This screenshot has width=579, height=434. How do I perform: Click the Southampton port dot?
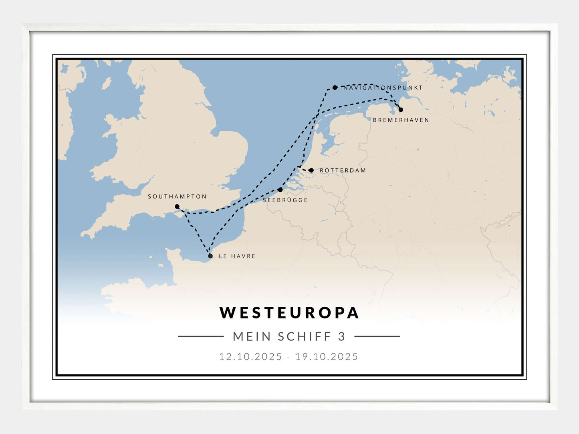pos(177,207)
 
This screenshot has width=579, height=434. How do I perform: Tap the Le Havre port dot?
pos(210,256)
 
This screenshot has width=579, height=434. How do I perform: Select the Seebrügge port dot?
pos(280,190)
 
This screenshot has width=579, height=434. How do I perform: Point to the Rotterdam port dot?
pos(311,170)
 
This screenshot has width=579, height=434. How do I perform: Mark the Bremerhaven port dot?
pos(401,110)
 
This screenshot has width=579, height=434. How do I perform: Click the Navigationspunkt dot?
pos(335,88)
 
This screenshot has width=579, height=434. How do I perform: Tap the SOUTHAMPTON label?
pos(177,197)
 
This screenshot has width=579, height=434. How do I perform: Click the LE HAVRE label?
pos(237,256)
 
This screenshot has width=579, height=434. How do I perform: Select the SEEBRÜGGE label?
pos(285,200)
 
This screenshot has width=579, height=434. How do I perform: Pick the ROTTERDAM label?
pos(343,171)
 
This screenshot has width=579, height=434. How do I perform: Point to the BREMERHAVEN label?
pos(401,120)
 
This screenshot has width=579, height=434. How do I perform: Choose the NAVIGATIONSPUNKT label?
pos(383,88)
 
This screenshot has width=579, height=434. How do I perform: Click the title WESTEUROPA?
pos(289,313)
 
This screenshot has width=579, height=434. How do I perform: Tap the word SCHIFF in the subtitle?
pos(305,336)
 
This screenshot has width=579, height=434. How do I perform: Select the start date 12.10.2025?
pos(250,356)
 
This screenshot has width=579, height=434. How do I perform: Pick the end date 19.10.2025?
pos(327,356)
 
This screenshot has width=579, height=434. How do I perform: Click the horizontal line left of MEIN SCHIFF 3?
pos(201,336)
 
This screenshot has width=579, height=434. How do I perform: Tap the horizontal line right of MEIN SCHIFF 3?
pos(377,336)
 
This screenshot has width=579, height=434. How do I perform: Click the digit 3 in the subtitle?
pos(342,336)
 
